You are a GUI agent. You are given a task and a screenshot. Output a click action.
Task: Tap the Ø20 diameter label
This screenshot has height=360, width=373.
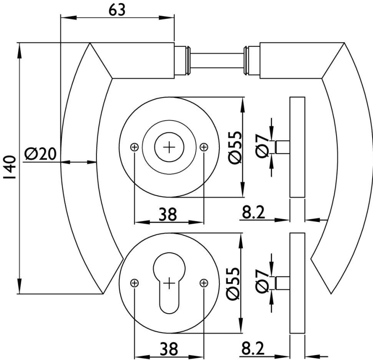tap(41, 154)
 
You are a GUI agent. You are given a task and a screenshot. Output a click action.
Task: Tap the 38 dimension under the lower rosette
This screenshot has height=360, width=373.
tap(169, 349)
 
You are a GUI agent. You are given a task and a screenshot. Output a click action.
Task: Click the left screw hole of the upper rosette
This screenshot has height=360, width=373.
tap(134, 147)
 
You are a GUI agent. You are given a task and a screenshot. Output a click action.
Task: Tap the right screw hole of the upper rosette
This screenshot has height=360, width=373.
tap(204, 147)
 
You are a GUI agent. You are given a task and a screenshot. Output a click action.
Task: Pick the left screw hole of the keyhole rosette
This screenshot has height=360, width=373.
tap(134, 283)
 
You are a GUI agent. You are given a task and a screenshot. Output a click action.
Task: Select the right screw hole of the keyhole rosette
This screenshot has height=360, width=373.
tap(204, 283)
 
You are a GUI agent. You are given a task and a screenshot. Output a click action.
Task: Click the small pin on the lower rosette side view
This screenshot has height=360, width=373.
tap(282, 283)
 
